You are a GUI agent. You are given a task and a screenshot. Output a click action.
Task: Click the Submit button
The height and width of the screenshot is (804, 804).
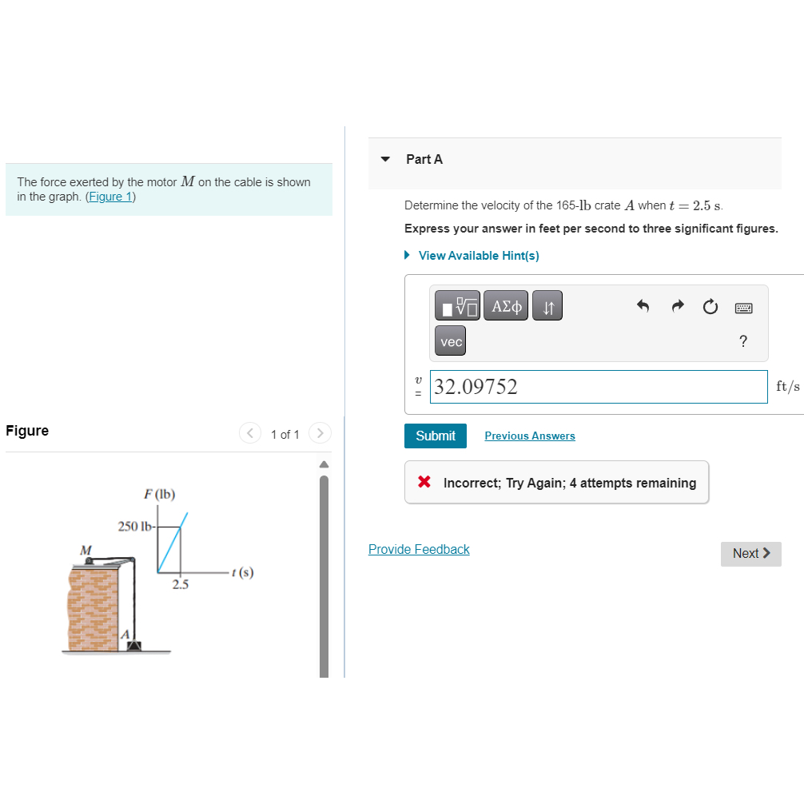tap(436, 436)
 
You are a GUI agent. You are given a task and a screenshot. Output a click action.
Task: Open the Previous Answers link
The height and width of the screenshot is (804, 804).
tap(530, 436)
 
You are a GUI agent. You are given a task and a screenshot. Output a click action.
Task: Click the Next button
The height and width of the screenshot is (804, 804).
tap(750, 554)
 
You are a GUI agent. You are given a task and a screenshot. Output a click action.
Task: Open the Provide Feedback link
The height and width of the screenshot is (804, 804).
tap(419, 549)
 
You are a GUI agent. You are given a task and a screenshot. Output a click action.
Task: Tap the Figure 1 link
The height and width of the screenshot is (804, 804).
tap(111, 197)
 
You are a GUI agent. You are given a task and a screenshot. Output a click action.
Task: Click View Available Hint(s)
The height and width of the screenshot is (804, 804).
tap(479, 256)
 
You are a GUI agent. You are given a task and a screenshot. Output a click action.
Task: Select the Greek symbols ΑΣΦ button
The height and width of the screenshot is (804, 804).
tap(506, 305)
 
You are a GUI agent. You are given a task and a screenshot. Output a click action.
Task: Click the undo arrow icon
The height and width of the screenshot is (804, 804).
tap(643, 306)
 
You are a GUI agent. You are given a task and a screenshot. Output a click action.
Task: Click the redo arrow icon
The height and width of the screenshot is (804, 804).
tap(678, 306)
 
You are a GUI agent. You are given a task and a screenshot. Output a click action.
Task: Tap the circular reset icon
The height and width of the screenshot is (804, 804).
tap(710, 307)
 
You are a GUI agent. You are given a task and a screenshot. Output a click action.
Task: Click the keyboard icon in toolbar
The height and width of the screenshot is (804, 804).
tap(743, 308)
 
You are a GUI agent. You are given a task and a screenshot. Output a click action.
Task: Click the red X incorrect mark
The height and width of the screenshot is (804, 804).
tap(424, 481)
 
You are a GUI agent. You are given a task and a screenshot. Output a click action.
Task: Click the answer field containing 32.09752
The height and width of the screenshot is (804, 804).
tap(599, 387)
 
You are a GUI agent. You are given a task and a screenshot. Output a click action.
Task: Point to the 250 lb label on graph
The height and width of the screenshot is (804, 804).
tap(135, 527)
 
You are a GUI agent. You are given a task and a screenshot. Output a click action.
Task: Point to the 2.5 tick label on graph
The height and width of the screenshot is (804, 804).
tap(181, 584)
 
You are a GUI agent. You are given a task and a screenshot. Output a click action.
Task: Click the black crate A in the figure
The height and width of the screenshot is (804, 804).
tap(133, 645)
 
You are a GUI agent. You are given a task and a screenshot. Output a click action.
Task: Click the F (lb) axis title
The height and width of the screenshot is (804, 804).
tap(160, 494)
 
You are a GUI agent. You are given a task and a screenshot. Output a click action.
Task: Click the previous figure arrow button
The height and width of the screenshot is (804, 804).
tap(250, 433)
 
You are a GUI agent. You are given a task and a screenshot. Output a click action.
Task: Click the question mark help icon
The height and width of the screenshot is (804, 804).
tap(743, 341)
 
